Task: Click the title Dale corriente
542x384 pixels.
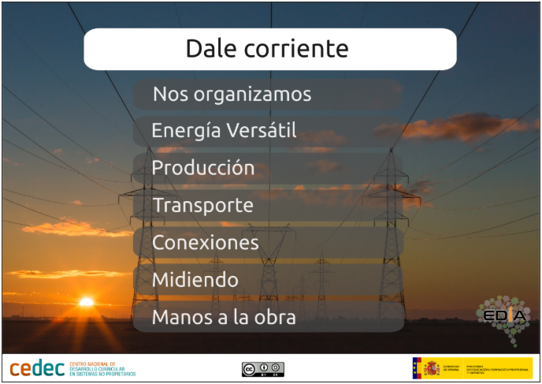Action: [268, 49]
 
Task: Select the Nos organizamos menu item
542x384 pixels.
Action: [232, 95]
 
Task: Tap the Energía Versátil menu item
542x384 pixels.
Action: [224, 130]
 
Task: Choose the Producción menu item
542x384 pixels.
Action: [203, 168]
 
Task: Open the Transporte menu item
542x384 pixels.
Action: [202, 206]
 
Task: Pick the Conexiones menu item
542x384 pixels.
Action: [205, 243]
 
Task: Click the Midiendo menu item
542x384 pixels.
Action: [195, 280]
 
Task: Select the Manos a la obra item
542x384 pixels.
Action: [224, 318]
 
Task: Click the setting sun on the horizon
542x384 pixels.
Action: [86, 301]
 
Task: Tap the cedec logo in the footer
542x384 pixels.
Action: [37, 367]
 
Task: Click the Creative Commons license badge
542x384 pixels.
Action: [262, 369]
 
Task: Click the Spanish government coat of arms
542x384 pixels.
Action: [432, 368]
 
